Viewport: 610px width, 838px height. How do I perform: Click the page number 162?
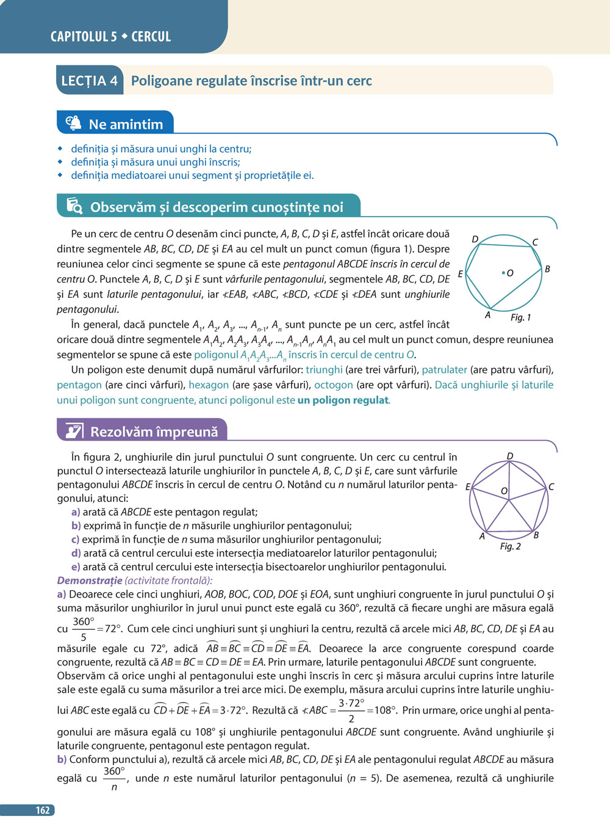click(x=42, y=811)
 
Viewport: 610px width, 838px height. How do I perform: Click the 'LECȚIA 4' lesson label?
click(x=89, y=81)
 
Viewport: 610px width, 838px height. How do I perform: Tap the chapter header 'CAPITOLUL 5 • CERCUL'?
click(x=110, y=37)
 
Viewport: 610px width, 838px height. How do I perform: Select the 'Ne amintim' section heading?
click(x=126, y=124)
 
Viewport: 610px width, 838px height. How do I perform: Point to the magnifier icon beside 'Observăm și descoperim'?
click(x=74, y=207)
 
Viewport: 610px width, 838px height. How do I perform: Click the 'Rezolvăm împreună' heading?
click(x=154, y=432)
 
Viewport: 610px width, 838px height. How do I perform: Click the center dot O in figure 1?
click(x=503, y=273)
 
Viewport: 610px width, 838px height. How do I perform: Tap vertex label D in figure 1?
click(x=475, y=239)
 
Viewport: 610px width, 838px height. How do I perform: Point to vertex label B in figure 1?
click(x=547, y=269)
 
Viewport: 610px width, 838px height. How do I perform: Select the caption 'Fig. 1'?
click(x=520, y=317)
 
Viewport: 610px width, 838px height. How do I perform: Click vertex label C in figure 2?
click(x=551, y=486)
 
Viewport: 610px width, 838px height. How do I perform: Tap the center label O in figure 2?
click(x=504, y=491)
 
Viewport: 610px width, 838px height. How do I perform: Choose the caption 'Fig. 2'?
click(x=510, y=546)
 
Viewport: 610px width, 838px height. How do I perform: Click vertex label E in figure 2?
click(x=468, y=487)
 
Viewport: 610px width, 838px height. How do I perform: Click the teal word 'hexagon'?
click(x=209, y=385)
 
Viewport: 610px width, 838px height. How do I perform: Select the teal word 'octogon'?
click(x=333, y=385)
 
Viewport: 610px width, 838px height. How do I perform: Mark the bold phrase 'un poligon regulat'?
click(x=343, y=400)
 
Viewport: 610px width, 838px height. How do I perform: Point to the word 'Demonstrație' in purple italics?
click(x=90, y=580)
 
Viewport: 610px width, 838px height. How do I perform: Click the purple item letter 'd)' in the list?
click(x=76, y=553)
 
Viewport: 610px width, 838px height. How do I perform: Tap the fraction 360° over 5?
click(x=84, y=629)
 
